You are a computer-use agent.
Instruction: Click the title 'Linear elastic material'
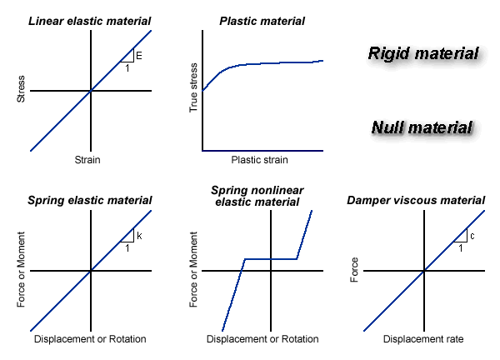coord(91,20)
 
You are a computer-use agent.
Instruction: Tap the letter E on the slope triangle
coord(139,56)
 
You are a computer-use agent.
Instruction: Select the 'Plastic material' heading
coord(262,20)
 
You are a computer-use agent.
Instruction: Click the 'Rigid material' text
coord(423,54)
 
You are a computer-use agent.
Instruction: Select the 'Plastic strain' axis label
coord(262,159)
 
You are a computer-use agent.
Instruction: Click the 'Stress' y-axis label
coord(21,90)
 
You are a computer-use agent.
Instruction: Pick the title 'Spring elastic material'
coord(90,200)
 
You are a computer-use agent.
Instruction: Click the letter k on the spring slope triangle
coord(139,236)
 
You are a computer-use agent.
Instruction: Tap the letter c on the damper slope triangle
coord(472,236)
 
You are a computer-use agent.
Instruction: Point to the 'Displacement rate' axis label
coord(423,339)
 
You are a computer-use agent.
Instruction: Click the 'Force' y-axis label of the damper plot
coord(354,271)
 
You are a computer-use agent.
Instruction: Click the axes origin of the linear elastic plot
coord(91,90)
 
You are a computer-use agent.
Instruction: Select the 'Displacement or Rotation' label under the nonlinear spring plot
coord(262,339)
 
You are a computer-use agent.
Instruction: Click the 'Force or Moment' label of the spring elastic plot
coord(21,271)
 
